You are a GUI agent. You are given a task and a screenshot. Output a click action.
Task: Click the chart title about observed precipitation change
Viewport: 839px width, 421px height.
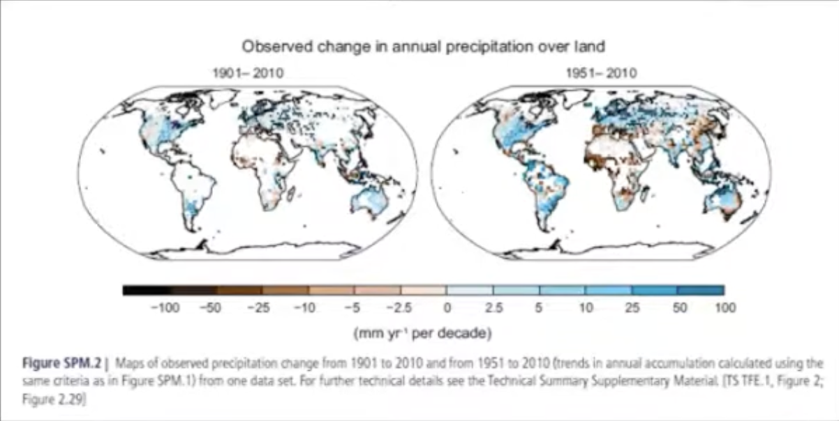tap(422, 47)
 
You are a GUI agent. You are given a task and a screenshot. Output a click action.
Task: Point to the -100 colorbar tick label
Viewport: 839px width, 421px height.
tap(164, 308)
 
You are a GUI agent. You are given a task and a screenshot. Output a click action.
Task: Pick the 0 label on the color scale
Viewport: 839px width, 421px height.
tap(447, 308)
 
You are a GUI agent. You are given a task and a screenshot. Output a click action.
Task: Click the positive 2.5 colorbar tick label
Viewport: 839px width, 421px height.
tap(493, 308)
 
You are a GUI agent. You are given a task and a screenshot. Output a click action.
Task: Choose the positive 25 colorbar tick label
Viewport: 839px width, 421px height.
tap(632, 308)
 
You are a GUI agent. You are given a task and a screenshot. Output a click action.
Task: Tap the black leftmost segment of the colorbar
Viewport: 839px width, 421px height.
tap(146, 290)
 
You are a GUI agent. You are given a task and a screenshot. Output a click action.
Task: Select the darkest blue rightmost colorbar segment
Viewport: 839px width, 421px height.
tap(700, 290)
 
